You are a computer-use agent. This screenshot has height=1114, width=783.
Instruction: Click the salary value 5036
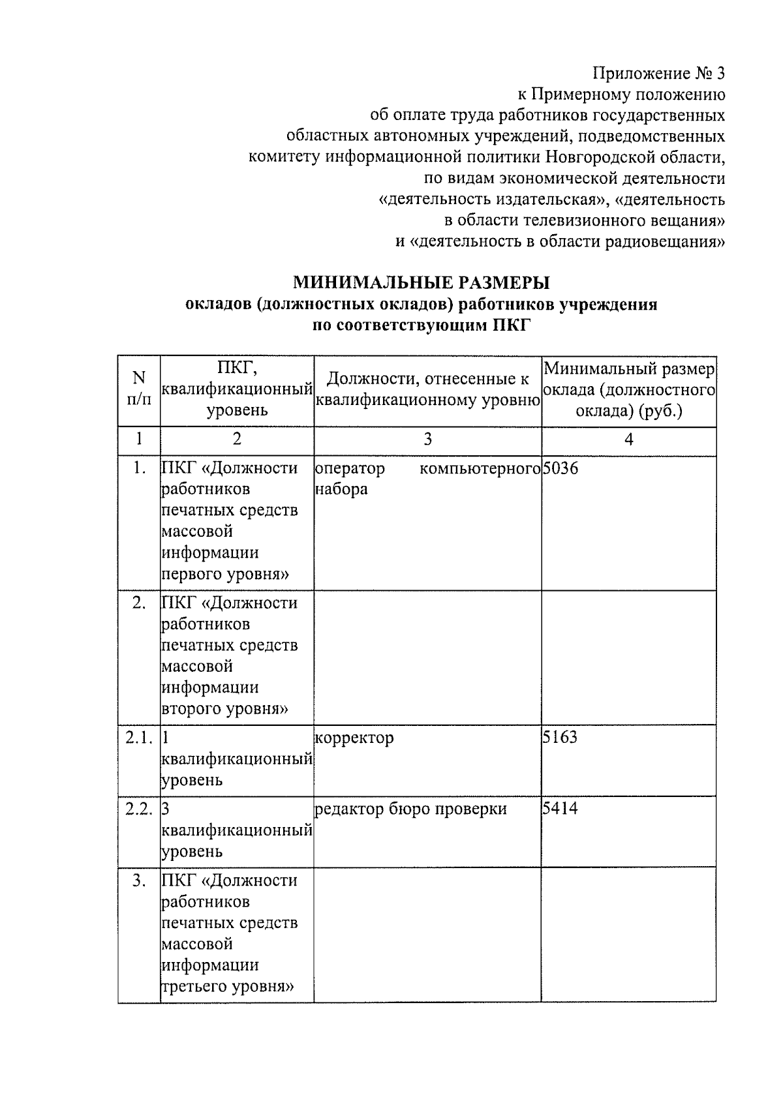click(x=560, y=468)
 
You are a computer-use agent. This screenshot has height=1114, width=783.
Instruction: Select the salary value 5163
click(x=560, y=738)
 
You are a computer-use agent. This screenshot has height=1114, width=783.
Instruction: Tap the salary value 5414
click(x=560, y=809)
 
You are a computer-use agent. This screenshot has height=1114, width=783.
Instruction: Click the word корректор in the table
click(x=354, y=738)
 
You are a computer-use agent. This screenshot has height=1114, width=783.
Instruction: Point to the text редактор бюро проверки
click(x=410, y=809)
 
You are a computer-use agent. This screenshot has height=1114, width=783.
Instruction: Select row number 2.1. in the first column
click(x=139, y=738)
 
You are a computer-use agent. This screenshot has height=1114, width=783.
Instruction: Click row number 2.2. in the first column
click(x=139, y=809)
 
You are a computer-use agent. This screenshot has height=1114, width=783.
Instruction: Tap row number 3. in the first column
click(x=139, y=881)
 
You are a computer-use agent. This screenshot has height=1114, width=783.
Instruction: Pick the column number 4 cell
click(x=628, y=440)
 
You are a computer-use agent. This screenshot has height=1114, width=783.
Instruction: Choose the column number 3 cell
click(x=427, y=440)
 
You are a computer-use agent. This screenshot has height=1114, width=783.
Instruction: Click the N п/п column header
click(x=139, y=389)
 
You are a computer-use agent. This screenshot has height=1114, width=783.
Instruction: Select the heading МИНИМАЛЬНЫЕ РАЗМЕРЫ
click(x=421, y=282)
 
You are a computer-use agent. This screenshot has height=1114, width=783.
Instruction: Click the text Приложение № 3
click(x=659, y=73)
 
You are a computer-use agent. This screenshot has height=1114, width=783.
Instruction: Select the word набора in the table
click(x=341, y=489)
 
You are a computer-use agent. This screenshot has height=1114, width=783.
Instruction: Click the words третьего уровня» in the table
click(x=226, y=986)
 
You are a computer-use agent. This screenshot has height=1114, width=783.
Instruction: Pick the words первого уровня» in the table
click(x=225, y=574)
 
